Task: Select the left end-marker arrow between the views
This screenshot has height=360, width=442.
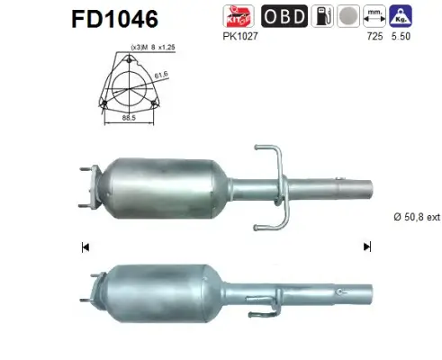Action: click(x=86, y=246)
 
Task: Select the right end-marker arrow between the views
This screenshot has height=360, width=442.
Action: click(x=367, y=246)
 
